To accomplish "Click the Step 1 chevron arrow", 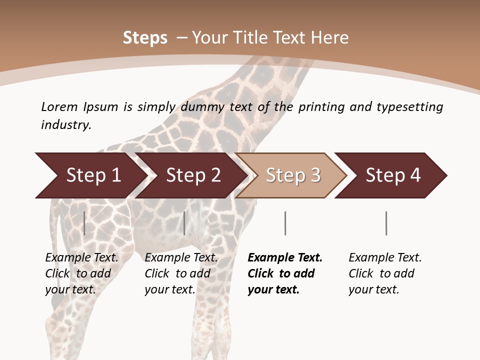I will [90, 175].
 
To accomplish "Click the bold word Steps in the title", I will [145, 37].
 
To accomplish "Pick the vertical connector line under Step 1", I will [84, 223].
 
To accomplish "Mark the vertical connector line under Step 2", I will [184, 223].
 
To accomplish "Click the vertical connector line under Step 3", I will [285, 223].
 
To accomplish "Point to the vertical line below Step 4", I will [386, 223].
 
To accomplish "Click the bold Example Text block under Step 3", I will [285, 273].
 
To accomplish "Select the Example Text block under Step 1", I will [81, 273].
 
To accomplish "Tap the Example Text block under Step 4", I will [385, 273].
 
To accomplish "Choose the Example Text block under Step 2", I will [181, 273].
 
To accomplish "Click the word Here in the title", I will [329, 37].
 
